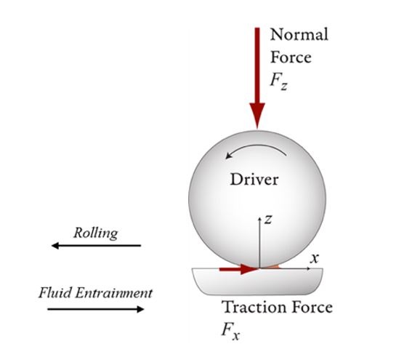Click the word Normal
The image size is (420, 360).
[299, 35]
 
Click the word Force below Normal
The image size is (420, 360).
[291, 57]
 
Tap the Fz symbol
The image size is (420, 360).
[278, 81]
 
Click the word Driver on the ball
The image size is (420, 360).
[254, 180]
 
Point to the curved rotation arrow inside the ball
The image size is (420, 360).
[255, 148]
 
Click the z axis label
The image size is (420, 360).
[268, 219]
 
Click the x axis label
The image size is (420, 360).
[315, 258]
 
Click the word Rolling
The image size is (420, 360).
[96, 233]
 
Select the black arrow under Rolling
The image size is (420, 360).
[96, 245]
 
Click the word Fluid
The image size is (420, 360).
[55, 292]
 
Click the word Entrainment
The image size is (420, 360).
[114, 292]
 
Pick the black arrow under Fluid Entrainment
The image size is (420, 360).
[96, 309]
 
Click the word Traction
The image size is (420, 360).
[255, 307]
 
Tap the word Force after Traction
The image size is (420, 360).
[312, 307]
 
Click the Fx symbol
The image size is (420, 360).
[230, 332]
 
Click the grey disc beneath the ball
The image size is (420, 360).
[257, 281]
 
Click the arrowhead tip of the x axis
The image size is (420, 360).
[311, 268]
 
